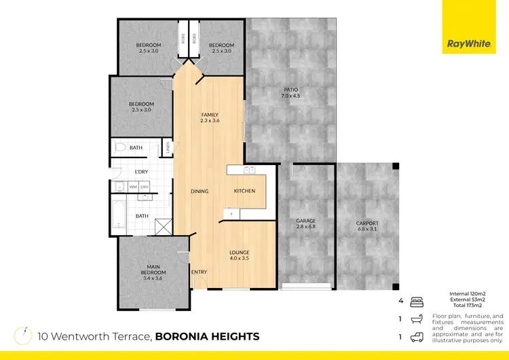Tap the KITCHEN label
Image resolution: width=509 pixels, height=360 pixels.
(244, 191)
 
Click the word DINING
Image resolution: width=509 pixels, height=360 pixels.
(200, 191)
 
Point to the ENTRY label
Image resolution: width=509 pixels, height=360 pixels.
(199, 272)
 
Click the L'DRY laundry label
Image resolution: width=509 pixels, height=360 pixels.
(141, 171)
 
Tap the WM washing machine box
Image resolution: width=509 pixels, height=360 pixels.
(133, 186)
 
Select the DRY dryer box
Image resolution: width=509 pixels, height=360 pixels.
(145, 186)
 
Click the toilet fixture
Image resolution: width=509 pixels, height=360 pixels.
(120, 147)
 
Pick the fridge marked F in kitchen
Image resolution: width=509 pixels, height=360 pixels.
(231, 214)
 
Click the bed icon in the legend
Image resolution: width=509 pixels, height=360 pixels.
(418, 299)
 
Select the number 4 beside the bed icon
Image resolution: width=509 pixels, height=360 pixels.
(400, 299)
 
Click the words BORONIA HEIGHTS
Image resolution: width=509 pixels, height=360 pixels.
(207, 336)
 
